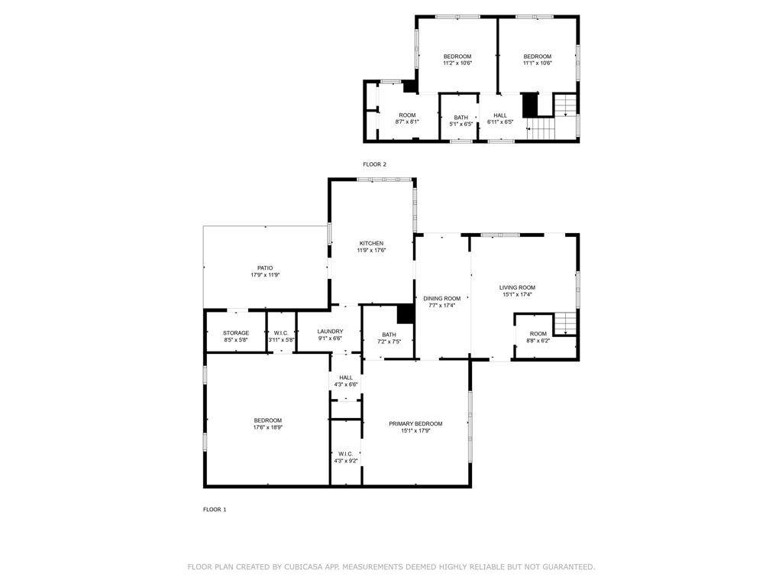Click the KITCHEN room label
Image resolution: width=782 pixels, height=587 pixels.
click(372, 243)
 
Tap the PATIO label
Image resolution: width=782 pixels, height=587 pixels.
click(265, 268)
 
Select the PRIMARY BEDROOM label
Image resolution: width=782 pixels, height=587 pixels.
click(415, 423)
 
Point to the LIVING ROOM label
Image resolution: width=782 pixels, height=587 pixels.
click(517, 287)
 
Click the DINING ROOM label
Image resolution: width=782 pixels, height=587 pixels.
click(442, 299)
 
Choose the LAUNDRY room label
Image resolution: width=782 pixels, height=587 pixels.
click(330, 332)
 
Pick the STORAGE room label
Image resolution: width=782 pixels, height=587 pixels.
click(236, 333)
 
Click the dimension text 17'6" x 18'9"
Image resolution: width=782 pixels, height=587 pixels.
click(268, 427)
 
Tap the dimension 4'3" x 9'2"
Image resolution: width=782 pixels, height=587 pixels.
click(346, 461)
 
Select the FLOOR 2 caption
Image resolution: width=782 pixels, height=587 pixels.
click(374, 164)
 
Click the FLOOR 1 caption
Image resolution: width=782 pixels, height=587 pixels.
click(215, 510)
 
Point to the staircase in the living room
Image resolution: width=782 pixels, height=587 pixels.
click(565, 323)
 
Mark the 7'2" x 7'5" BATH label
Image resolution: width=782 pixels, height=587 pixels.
click(389, 335)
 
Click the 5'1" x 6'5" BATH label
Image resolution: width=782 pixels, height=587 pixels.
click(460, 118)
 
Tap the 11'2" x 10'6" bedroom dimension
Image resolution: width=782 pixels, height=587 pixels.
click(457, 63)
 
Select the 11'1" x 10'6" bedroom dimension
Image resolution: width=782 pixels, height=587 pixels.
click(537, 63)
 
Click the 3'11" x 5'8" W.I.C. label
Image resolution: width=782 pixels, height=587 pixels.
click(281, 333)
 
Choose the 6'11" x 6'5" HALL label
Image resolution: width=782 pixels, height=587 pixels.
click(500, 115)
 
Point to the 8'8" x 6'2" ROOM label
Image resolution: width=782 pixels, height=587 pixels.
click(538, 334)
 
